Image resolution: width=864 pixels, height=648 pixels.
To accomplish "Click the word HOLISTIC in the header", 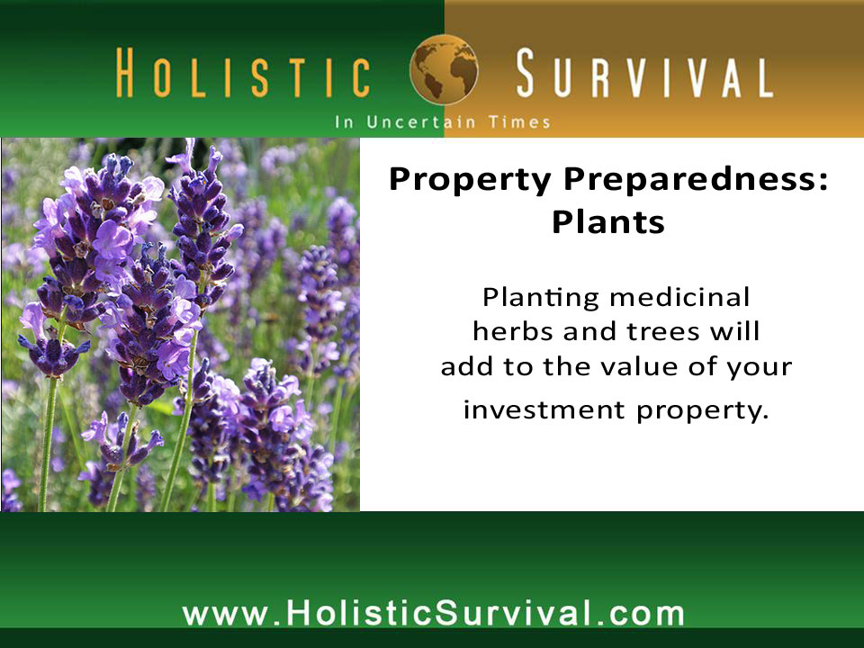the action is point(243,73).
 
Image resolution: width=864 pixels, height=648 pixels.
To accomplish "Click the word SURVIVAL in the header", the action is point(644,73).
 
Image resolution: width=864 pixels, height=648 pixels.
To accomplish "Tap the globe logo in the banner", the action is point(444,69).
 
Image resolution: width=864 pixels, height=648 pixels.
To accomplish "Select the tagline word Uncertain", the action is point(421,121).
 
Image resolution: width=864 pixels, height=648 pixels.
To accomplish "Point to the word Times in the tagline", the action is point(519,121).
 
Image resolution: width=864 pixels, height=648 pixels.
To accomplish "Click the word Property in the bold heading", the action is point(470,181).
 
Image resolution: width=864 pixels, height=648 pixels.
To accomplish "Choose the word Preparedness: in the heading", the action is point(696,181).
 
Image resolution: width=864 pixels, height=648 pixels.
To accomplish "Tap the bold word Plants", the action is point(608,221).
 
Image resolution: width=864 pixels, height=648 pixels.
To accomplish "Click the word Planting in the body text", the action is point(541,298).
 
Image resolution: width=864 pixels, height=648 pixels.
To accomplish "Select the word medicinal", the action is point(680,298).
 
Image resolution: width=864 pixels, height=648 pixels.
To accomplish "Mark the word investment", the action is point(544,409).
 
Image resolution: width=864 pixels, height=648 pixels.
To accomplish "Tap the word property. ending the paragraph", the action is point(703,411).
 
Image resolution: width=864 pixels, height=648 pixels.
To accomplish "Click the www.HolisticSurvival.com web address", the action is point(433,613).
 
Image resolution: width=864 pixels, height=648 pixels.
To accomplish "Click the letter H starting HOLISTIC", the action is point(125,73).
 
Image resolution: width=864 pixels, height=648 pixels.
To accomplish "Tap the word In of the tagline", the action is point(345,121).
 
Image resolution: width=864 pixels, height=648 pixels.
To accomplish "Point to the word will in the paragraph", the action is point(735,330).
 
